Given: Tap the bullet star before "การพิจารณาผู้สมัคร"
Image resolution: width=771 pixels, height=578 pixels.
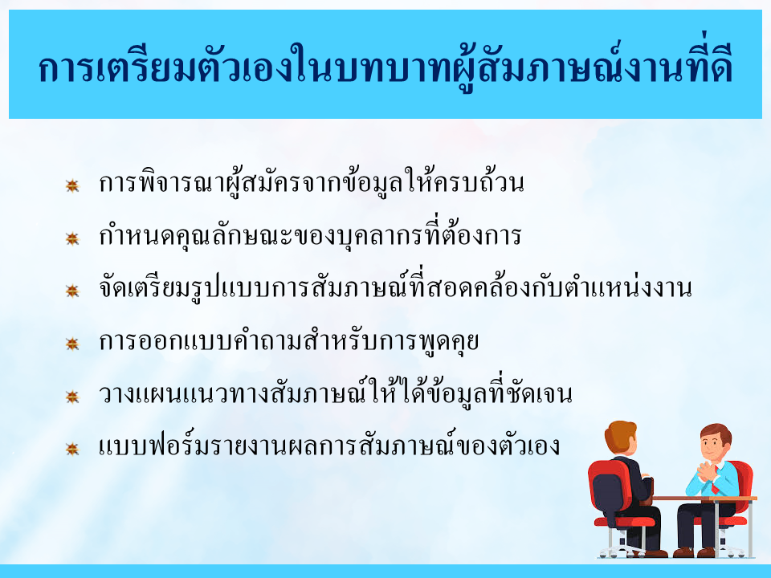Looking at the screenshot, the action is point(72,185).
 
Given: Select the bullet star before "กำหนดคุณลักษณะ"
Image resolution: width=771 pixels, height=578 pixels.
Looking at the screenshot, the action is point(72,238).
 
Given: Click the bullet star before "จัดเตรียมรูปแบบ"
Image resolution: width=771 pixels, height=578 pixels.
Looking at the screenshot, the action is point(72,291).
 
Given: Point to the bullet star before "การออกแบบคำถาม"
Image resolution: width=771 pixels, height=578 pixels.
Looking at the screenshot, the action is point(72,344).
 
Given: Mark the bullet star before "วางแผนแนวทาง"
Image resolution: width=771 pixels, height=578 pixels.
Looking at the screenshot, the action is point(72,396).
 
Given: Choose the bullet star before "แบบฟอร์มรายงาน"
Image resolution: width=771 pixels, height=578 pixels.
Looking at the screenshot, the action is point(72,449).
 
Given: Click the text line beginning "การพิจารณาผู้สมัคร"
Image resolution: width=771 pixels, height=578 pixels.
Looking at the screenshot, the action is point(312,182).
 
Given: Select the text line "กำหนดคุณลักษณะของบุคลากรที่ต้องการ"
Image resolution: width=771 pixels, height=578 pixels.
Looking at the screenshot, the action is point(310,234).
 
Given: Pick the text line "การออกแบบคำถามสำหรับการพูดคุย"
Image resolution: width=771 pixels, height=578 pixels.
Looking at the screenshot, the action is point(288,340).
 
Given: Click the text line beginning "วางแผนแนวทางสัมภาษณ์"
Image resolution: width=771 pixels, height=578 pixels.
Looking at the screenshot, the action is point(336,393).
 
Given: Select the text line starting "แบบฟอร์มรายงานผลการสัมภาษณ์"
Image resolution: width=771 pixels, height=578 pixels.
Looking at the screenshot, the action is point(329,445).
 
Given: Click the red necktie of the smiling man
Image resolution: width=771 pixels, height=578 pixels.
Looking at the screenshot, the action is point(715,486).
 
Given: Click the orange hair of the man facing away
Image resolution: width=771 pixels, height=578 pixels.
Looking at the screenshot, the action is point(621,434).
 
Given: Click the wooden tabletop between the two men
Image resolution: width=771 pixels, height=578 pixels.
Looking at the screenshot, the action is point(704,499).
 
